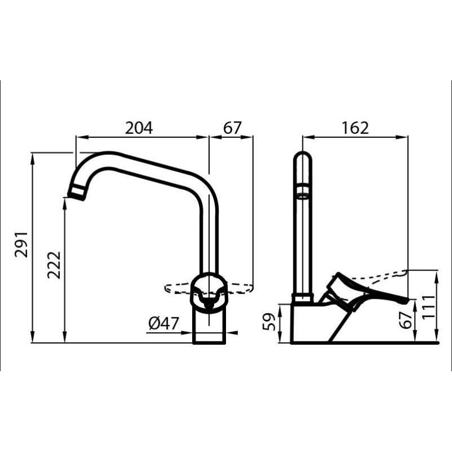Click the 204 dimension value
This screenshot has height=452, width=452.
tap(139, 128)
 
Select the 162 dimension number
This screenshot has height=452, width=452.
tap(354, 128)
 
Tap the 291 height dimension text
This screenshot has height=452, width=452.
tap(21, 244)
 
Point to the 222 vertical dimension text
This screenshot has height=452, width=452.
tap(54, 264)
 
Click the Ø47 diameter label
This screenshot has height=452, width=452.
tap(163, 324)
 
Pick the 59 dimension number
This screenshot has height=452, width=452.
tap(271, 322)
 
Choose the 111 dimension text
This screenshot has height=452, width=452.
tap(431, 307)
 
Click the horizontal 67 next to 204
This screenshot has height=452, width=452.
tap(232, 128)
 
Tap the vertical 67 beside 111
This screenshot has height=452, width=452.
tap(405, 320)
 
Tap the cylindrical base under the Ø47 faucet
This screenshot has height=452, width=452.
tap(210, 328)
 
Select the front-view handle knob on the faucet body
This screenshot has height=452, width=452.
tap(210, 289)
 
